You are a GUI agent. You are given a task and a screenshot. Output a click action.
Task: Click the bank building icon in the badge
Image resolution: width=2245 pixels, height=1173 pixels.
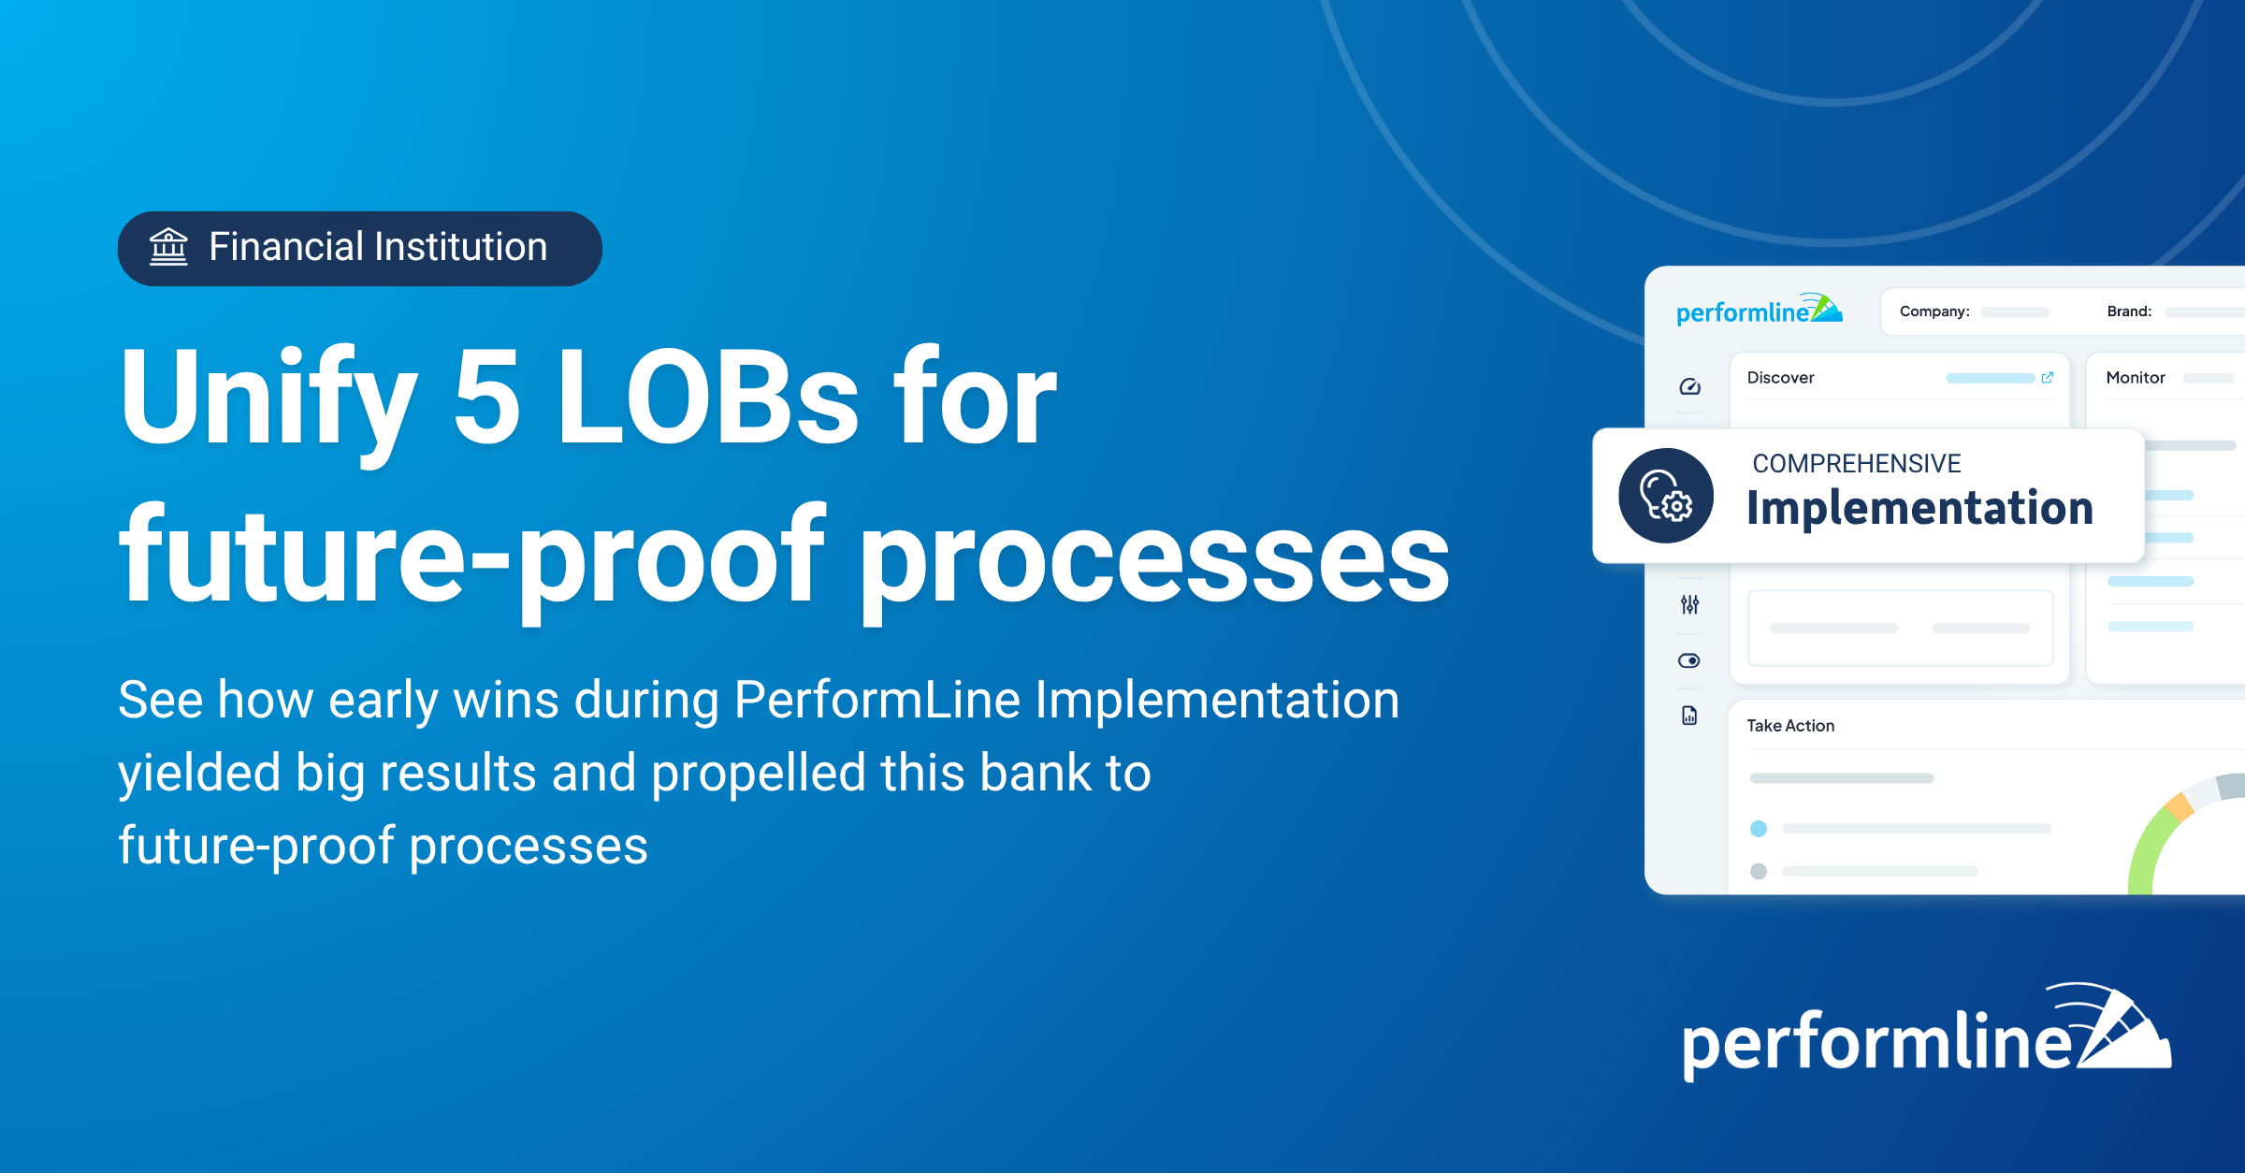(x=168, y=247)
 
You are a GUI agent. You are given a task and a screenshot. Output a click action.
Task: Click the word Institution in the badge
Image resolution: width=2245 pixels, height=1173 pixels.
(x=461, y=247)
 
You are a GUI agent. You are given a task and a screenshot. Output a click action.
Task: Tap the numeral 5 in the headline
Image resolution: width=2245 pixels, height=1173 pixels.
(x=486, y=396)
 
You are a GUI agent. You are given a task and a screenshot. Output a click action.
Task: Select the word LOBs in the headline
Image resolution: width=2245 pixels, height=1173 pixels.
(x=707, y=396)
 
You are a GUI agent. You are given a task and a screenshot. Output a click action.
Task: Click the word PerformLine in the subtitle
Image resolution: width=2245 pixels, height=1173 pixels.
(x=877, y=700)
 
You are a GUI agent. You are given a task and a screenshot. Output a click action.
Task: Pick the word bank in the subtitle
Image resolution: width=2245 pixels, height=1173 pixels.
(x=1036, y=773)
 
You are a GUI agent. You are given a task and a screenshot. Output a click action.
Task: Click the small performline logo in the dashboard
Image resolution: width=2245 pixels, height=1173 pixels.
(x=1759, y=310)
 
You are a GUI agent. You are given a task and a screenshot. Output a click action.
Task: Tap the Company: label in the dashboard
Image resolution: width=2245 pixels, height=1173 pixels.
(x=1934, y=311)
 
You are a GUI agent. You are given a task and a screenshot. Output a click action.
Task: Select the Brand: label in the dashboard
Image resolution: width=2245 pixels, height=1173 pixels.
(x=2129, y=311)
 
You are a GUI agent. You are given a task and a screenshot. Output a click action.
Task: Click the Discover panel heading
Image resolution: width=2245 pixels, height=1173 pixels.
(x=1780, y=378)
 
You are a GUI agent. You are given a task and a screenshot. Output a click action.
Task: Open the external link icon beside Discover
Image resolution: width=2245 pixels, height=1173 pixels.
(x=2048, y=378)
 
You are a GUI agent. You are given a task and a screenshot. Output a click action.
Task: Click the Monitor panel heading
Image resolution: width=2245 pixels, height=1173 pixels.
(x=2136, y=378)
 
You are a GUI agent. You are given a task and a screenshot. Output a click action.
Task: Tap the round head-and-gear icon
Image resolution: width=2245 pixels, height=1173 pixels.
(x=1666, y=496)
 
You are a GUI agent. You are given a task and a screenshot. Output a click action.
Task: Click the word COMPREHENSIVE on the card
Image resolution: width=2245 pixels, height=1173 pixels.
(x=1857, y=463)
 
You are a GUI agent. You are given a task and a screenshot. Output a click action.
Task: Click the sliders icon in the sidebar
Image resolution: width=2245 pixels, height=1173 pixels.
(x=1689, y=605)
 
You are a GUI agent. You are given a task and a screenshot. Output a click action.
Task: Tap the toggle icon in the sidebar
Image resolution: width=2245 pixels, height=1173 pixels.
(x=1689, y=661)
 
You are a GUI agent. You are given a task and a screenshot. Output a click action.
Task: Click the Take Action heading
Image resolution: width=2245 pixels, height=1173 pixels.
(x=1790, y=726)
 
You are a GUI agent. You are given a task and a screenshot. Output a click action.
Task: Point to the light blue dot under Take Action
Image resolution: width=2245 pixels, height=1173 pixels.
(x=1759, y=829)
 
